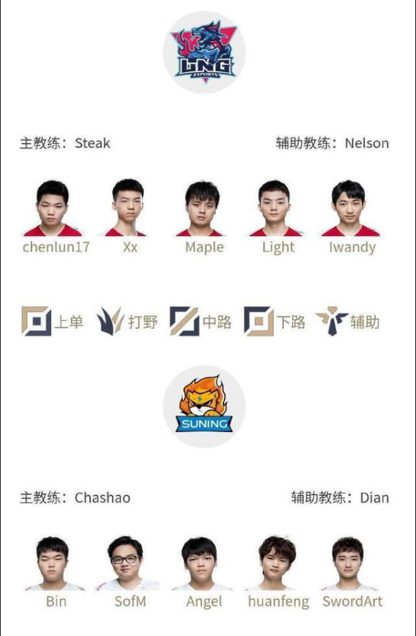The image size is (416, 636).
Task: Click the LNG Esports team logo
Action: coord(204,52)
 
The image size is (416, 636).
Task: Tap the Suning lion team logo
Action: coord(204,405)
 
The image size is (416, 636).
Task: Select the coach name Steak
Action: coord(93,143)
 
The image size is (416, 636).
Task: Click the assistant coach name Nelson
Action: coord(367,143)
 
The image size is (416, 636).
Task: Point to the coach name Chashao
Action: coord(102,498)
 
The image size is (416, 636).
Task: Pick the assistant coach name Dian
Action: coord(374,498)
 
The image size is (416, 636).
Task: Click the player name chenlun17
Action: coord(56,247)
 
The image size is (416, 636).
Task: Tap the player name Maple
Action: coord(204,247)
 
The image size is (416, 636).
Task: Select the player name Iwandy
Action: coord(352,247)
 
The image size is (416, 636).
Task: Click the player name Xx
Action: coord(130,247)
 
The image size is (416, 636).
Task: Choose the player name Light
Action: coord(278,247)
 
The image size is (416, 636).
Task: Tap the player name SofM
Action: coord(130,601)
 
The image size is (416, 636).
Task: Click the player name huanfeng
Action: coord(278,602)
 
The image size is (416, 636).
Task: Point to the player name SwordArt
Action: coord(352,601)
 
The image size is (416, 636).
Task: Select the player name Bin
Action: coord(56,601)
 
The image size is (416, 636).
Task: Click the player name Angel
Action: coord(204,602)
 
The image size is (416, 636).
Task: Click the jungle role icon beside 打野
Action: coord(109,321)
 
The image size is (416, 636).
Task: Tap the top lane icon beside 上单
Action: coord(37,321)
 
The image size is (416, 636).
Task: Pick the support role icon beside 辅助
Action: coord(332,321)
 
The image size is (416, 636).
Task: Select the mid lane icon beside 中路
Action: coord(184,321)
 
